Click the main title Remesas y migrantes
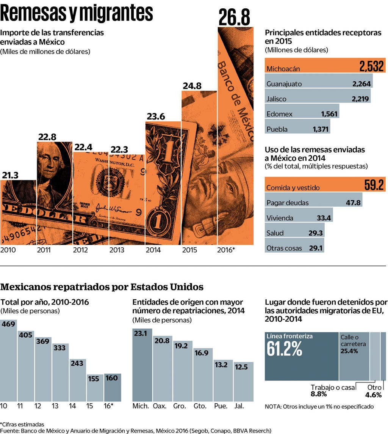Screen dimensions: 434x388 [77, 14]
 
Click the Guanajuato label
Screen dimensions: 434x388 [284, 84]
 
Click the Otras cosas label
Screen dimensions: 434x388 [284, 248]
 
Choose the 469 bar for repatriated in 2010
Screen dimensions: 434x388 [8, 360]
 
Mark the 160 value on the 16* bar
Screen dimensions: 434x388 [113, 378]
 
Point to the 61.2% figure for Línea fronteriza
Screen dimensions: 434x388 [285, 349]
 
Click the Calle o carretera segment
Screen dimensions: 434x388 [354, 357]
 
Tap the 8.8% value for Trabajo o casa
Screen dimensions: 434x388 [319, 394]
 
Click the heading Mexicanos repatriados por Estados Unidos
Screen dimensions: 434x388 [102, 286]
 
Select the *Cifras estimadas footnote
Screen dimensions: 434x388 [22, 424]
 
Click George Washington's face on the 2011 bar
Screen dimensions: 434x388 [51, 157]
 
